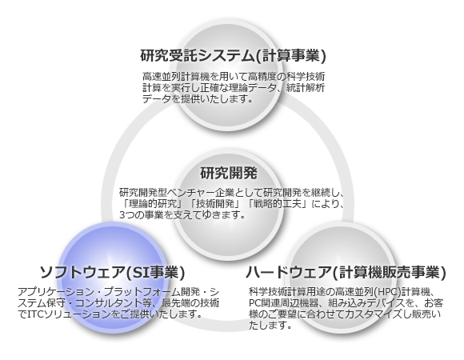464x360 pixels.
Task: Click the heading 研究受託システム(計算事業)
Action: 233,55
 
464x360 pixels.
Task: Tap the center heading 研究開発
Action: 229,173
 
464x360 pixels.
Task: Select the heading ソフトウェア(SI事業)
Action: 112,272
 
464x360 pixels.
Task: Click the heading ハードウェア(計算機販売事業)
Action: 346,272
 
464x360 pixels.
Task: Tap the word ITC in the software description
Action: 35,314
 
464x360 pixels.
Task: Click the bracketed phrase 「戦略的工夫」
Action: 278,204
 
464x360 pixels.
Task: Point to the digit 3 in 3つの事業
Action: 122,214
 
